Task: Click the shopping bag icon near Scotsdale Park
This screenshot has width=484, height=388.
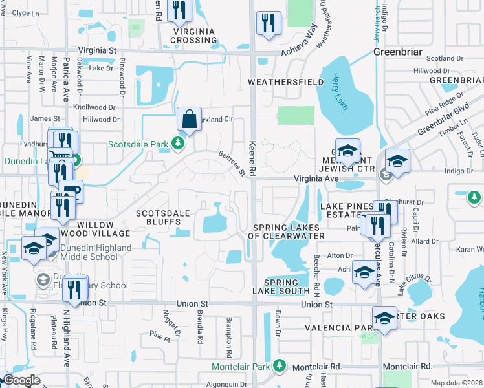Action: click(x=189, y=120)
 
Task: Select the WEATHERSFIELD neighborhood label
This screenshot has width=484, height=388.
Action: click(x=286, y=82)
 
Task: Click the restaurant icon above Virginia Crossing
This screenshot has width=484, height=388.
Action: click(x=179, y=10)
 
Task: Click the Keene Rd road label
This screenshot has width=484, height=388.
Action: click(x=253, y=159)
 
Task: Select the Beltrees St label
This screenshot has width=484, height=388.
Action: click(x=233, y=162)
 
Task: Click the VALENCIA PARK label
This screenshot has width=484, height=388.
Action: click(x=347, y=328)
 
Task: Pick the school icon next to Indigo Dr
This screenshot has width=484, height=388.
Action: click(x=397, y=161)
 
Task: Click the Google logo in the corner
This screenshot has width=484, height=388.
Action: click(x=21, y=381)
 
